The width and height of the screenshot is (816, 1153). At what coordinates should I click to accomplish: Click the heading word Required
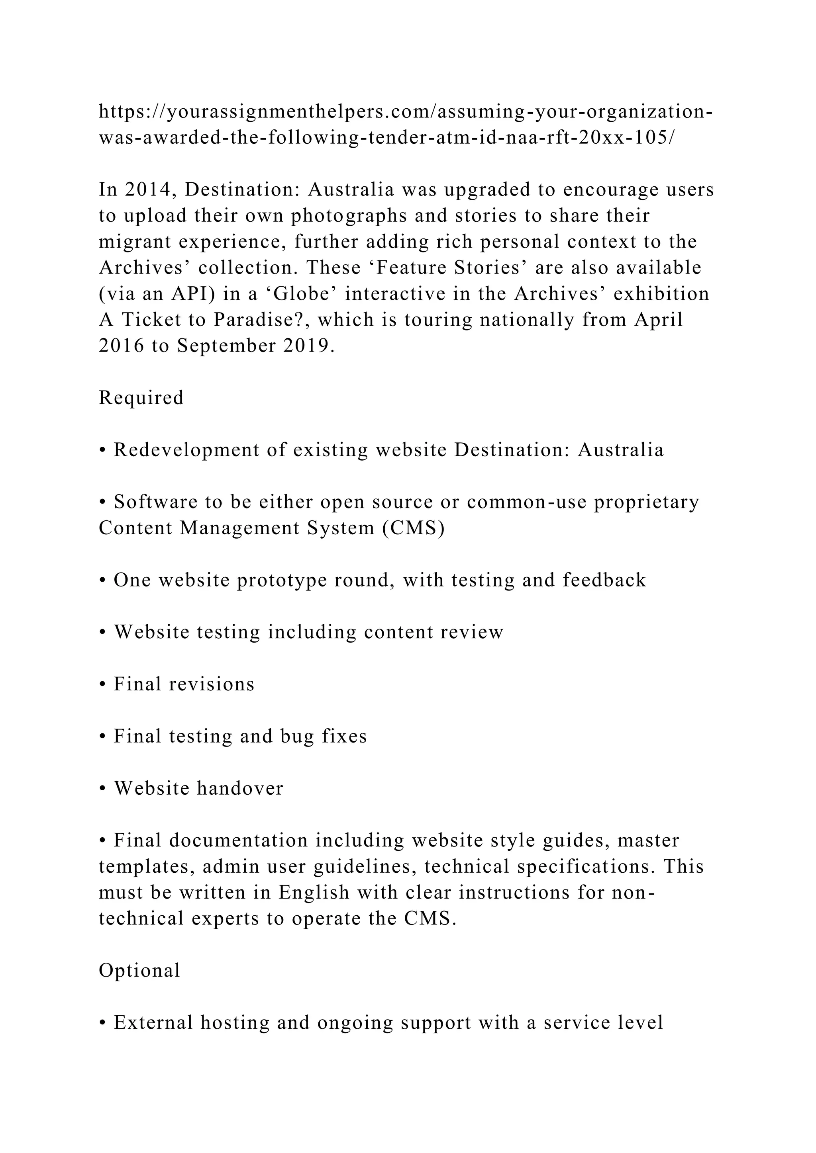click(141, 398)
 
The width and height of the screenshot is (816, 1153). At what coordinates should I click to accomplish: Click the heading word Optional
click(139, 970)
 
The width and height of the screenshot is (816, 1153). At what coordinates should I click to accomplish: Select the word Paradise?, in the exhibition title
click(259, 320)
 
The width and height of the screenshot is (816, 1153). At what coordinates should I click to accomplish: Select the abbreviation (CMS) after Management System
click(414, 528)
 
